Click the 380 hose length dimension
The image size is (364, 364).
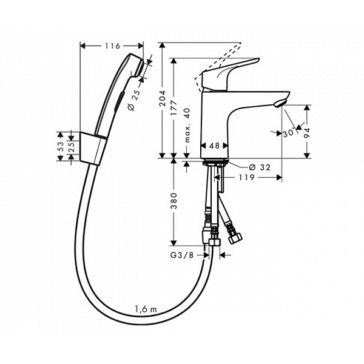pos(174,201)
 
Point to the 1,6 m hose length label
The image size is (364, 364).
pos(146,310)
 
